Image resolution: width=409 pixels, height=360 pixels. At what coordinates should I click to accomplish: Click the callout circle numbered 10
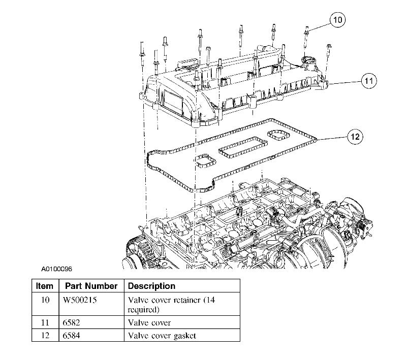click(x=337, y=20)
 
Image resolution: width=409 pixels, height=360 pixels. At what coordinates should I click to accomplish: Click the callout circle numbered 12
click(x=355, y=136)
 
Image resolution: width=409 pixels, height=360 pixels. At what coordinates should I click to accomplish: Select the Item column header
click(x=45, y=286)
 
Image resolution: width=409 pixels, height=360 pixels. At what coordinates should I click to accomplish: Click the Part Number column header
click(x=91, y=286)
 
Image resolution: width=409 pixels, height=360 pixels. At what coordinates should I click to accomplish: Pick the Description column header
click(x=151, y=286)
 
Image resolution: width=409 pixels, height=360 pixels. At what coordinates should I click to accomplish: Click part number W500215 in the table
click(x=80, y=300)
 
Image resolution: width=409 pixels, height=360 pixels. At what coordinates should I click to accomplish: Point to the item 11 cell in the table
click(x=45, y=322)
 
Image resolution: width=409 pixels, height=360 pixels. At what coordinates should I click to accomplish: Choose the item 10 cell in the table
click(x=45, y=300)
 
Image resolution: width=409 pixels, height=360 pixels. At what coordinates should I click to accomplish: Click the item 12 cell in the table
click(x=45, y=335)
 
